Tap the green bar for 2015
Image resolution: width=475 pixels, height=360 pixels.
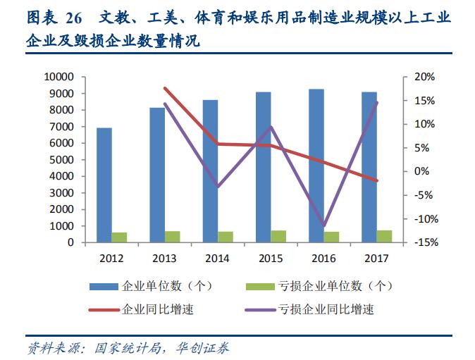(278, 236)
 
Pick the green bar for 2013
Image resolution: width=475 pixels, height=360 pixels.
(173, 237)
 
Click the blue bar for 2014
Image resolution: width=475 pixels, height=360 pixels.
(210, 170)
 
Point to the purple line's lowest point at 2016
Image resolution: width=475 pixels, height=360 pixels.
(324, 226)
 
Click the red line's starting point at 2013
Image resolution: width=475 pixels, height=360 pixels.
(164, 88)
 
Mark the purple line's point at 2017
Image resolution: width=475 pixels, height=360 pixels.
(378, 103)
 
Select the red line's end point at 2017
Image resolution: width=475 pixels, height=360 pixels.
(378, 181)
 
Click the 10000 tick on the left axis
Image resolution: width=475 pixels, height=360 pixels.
(58, 77)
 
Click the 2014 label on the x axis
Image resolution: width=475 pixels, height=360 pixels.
(218, 258)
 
